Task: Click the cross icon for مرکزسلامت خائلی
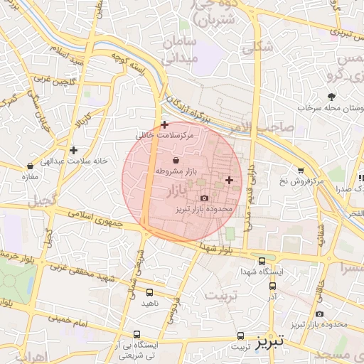[x=165, y=124]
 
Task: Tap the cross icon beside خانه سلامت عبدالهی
[x=73, y=150]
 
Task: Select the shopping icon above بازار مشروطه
[x=176, y=160]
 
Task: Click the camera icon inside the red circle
[x=205, y=198]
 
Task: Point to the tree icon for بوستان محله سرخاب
[x=331, y=97]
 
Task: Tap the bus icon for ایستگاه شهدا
[x=262, y=261]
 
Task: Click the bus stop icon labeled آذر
[x=273, y=286]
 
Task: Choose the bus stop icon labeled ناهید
[x=149, y=292]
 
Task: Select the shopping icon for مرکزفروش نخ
[x=301, y=171]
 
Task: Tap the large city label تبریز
[x=270, y=341]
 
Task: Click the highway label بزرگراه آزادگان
[x=188, y=107]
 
